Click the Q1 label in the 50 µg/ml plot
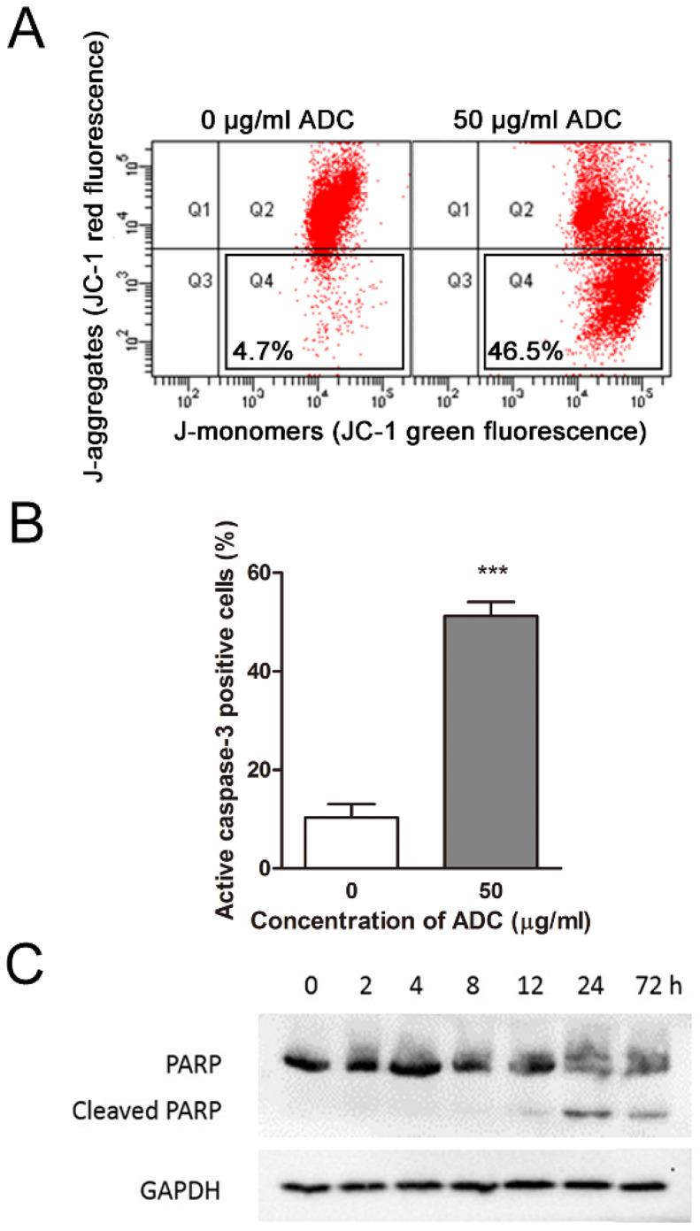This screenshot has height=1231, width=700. [458, 211]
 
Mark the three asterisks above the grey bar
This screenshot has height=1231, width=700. [489, 573]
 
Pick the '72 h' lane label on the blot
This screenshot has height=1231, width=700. [652, 1006]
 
